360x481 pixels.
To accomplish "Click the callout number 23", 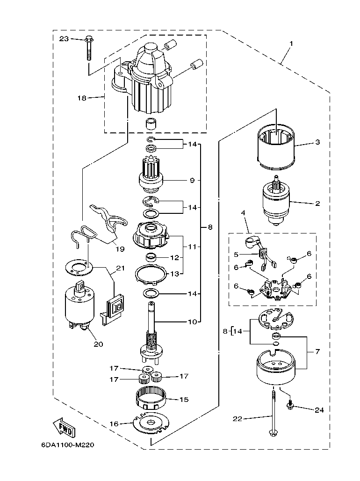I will click(x=64, y=39).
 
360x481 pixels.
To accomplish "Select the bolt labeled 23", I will click(x=88, y=49).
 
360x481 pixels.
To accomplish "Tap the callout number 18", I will click(x=82, y=98).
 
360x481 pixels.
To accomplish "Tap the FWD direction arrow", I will click(x=62, y=427).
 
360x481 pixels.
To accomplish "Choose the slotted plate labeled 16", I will click(x=150, y=424).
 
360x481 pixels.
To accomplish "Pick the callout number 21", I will click(x=121, y=268).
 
